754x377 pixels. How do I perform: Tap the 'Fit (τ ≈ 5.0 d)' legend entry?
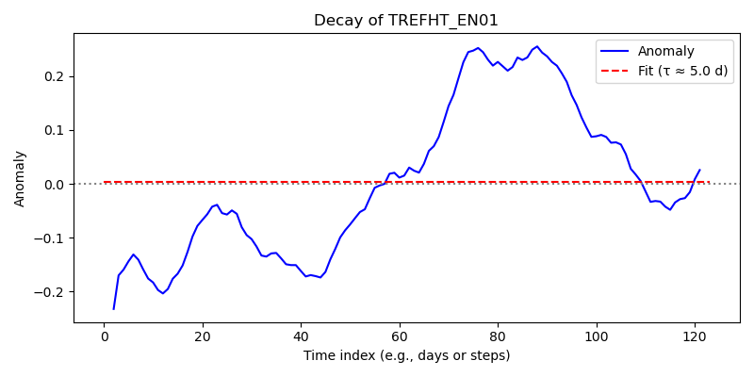(x=682, y=73)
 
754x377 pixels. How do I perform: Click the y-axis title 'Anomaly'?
(x=19, y=179)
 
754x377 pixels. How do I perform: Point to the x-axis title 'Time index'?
(x=330, y=356)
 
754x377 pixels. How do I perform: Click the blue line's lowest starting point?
(x=113, y=309)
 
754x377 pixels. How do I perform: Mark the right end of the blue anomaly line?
(x=699, y=170)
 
